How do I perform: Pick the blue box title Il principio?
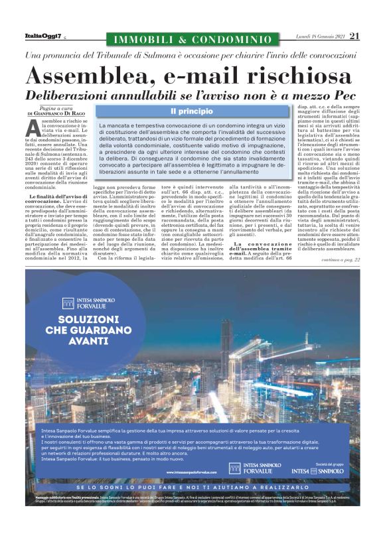(192, 111)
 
